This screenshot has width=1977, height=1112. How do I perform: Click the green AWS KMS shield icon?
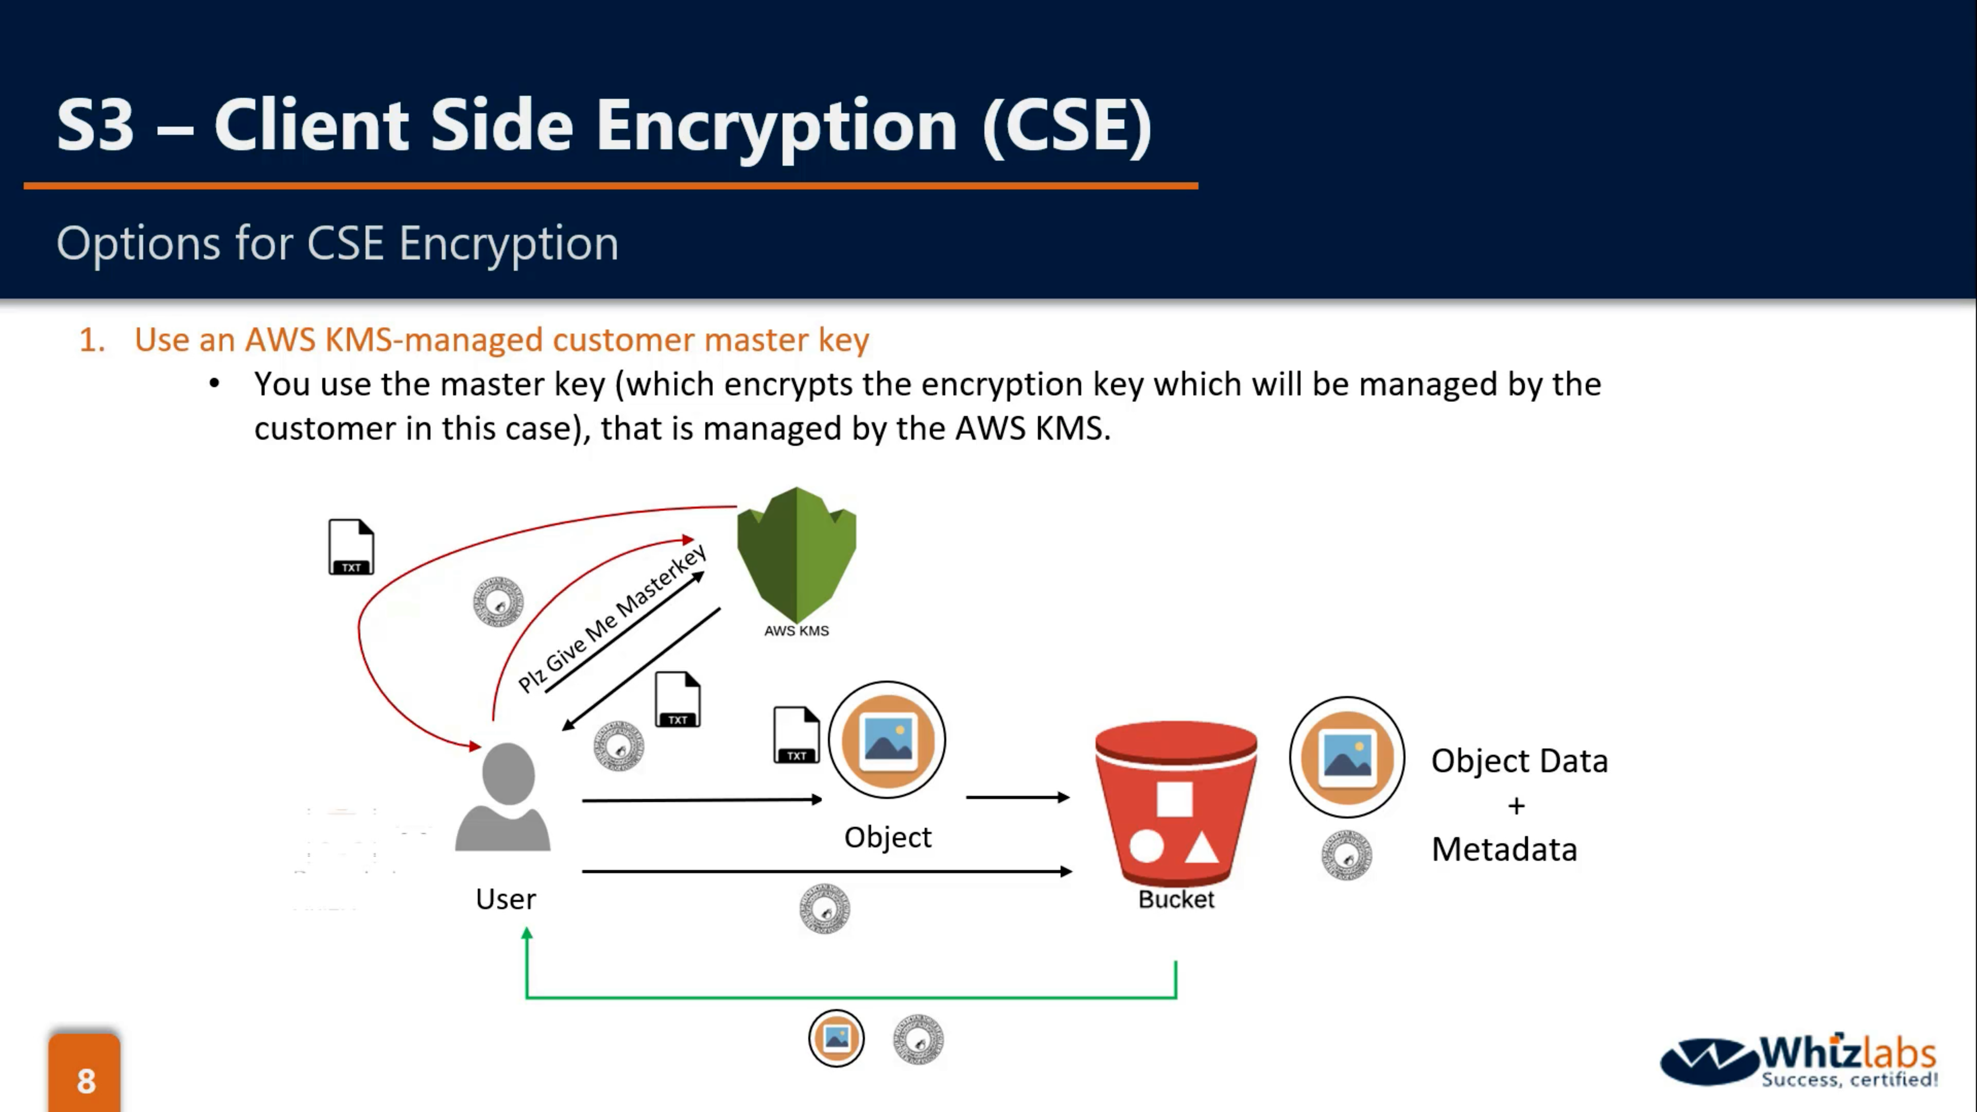click(796, 552)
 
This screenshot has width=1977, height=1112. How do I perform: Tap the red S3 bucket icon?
click(1175, 802)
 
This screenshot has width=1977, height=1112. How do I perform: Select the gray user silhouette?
click(504, 797)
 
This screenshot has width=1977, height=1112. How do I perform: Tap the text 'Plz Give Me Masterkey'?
click(612, 618)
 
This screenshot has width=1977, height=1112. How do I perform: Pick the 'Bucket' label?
click(1176, 899)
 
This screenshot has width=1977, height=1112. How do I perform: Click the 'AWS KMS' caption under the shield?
click(796, 631)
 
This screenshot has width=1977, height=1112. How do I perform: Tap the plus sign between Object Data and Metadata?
click(1516, 806)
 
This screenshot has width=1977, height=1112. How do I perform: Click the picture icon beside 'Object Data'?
click(1347, 757)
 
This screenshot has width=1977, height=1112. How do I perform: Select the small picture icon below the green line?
click(836, 1038)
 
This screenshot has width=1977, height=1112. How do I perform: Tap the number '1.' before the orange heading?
click(92, 340)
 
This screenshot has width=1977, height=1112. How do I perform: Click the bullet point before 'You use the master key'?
click(214, 384)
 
